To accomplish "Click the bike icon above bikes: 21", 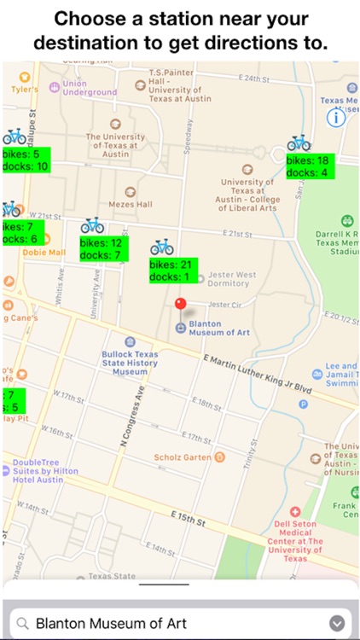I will tap(162, 247).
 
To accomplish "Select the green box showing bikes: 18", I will tap(308, 166).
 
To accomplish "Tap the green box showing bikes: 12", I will tap(102, 248).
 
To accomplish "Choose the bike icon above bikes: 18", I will tap(299, 143).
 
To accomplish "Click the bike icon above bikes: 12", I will tap(92, 225).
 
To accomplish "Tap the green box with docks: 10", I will tap(26, 160).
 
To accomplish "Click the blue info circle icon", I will tap(336, 119).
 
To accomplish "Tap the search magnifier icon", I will tap(23, 623).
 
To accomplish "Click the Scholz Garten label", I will tap(183, 457).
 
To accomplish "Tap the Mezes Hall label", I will tap(130, 204).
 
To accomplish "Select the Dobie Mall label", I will tap(44, 253).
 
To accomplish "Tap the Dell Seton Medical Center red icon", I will tap(296, 511).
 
